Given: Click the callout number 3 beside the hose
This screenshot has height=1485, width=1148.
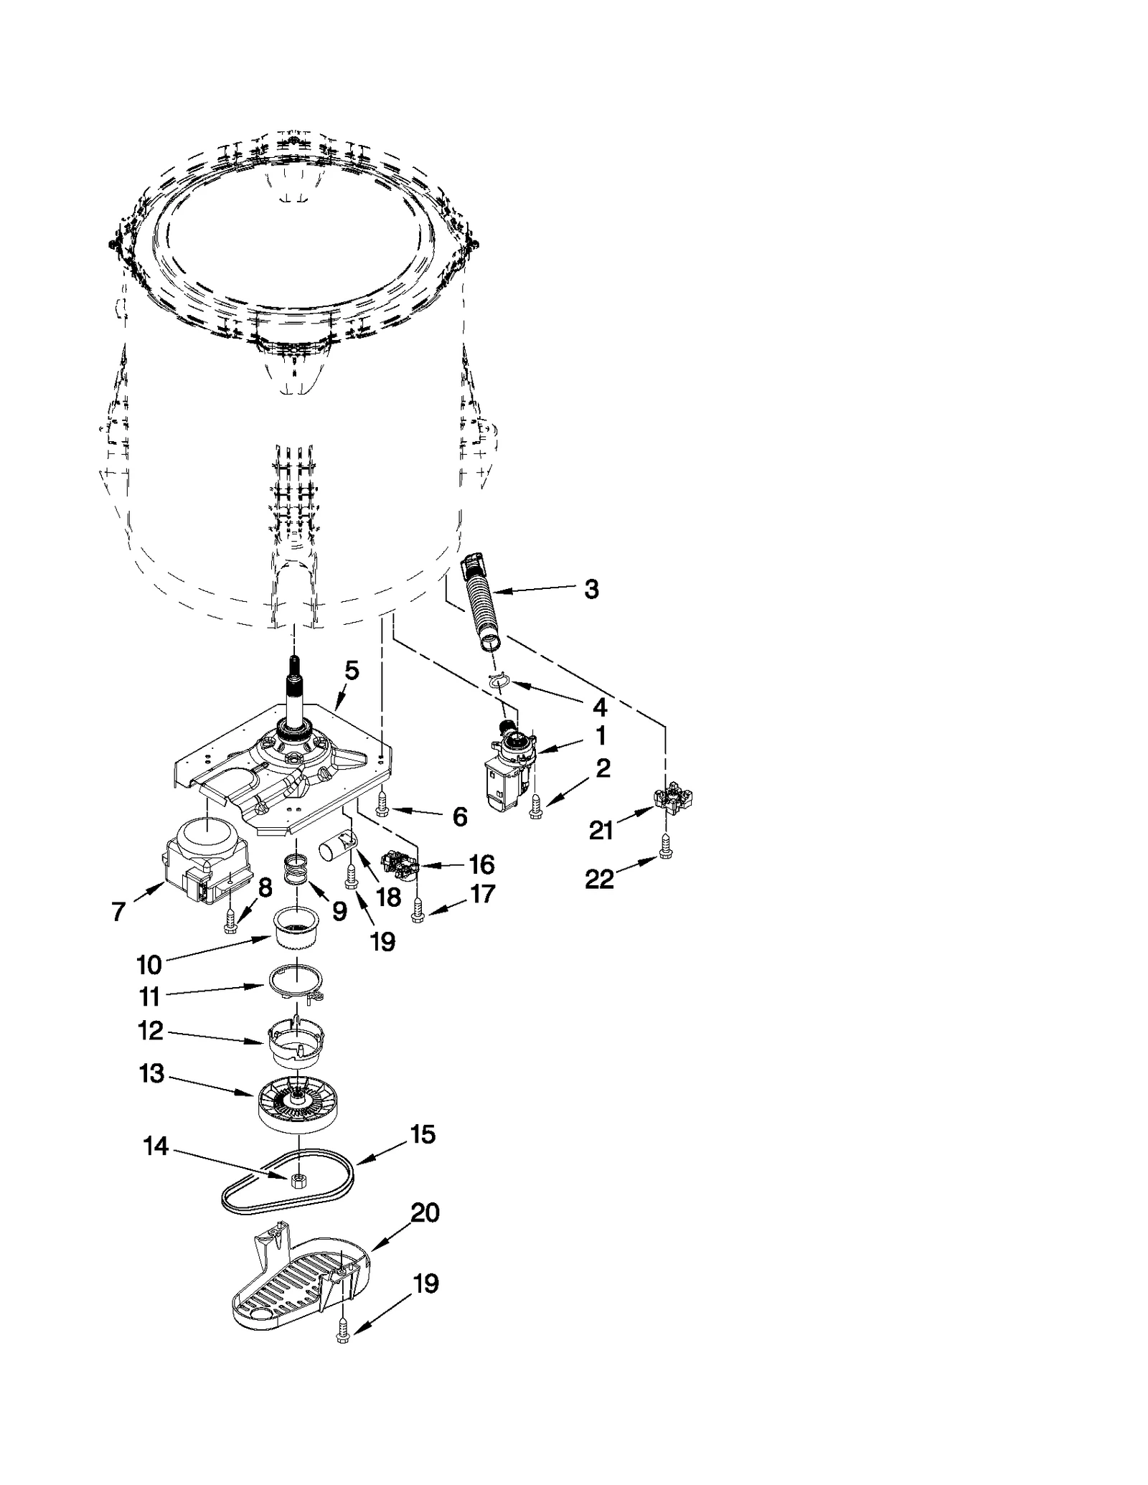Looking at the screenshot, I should pyautogui.click(x=591, y=589).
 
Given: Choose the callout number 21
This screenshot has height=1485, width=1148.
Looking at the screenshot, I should pyautogui.click(x=601, y=830).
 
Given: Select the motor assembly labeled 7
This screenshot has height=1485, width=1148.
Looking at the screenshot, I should pyautogui.click(x=204, y=864).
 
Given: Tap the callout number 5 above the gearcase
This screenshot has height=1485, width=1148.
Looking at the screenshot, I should pyautogui.click(x=352, y=670).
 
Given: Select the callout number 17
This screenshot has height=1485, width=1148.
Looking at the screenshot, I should pyautogui.click(x=482, y=894).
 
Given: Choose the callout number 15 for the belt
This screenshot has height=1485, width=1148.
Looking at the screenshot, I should pyautogui.click(x=422, y=1134).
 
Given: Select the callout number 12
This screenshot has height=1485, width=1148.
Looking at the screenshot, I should pyautogui.click(x=151, y=1031).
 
